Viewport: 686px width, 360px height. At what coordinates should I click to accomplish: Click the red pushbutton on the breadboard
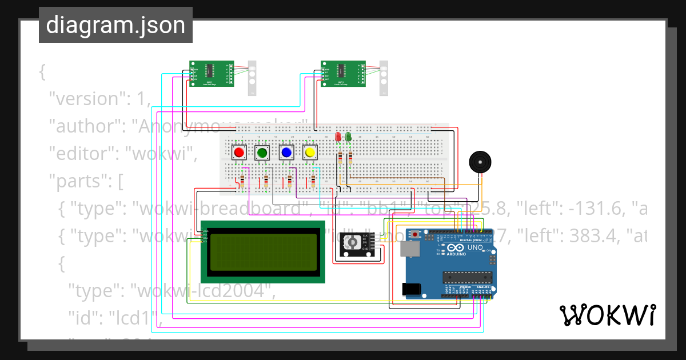pos(238,153)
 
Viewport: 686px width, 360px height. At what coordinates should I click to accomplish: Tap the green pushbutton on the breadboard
pos(262,153)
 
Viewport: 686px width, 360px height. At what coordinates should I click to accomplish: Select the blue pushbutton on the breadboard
pos(286,153)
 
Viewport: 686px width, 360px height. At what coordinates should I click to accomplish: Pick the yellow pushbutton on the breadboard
pos(310,153)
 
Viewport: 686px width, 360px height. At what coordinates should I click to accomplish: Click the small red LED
pos(338,137)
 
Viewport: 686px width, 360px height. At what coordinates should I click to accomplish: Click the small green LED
pos(348,137)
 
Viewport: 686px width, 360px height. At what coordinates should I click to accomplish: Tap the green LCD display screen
pos(263,252)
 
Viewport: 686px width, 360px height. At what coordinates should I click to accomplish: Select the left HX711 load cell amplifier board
pos(212,74)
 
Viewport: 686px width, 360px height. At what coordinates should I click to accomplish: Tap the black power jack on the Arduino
pos(413,290)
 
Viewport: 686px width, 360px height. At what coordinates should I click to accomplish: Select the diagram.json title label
pos(115,25)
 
